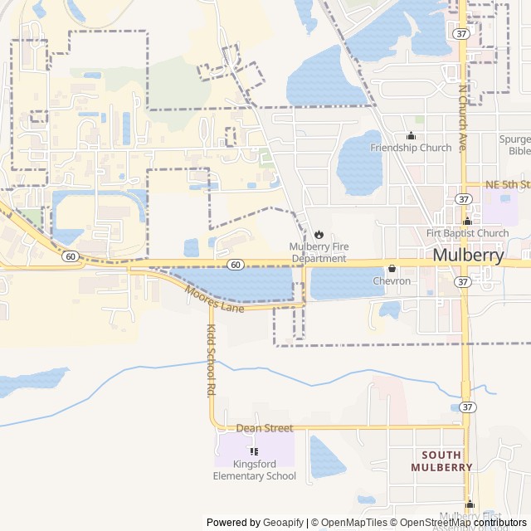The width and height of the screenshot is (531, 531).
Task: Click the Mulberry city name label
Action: click(x=468, y=256)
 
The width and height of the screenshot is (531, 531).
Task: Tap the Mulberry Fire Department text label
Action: click(x=318, y=253)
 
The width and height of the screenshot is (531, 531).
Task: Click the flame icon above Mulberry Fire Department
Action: click(x=318, y=234)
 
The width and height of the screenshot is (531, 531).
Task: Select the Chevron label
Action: click(x=392, y=281)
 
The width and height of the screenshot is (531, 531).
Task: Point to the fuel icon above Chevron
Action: click(x=392, y=268)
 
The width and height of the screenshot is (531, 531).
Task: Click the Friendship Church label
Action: click(x=411, y=148)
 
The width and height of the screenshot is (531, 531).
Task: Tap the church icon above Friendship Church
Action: click(x=411, y=135)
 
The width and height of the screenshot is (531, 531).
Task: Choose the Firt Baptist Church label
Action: click(x=467, y=233)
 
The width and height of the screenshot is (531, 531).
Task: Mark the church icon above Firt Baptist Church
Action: click(x=467, y=221)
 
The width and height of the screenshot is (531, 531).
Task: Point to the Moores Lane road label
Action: click(x=214, y=300)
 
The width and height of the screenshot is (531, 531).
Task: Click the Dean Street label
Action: click(x=265, y=428)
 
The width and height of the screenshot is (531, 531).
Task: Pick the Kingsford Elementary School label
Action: click(x=254, y=470)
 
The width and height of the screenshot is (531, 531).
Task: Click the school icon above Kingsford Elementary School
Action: click(x=254, y=451)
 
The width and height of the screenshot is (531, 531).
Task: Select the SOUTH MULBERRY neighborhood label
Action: click(x=441, y=460)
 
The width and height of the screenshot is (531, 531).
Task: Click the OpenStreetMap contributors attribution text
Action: click(x=466, y=523)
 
